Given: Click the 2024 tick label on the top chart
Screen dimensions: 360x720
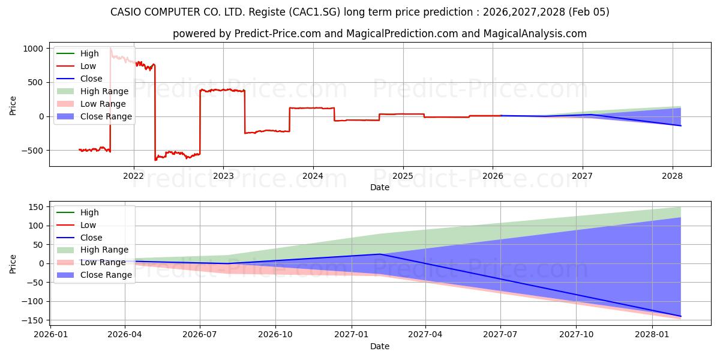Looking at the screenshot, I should (313, 176).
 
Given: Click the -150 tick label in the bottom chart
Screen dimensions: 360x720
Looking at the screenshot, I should (35, 320).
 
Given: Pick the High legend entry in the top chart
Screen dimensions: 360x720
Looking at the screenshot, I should (89, 53).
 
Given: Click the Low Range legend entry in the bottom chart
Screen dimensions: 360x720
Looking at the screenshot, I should (103, 262).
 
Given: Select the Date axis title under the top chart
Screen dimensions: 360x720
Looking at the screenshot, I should (380, 187).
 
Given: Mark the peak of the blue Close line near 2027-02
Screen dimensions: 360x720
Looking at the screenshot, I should (379, 254).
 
